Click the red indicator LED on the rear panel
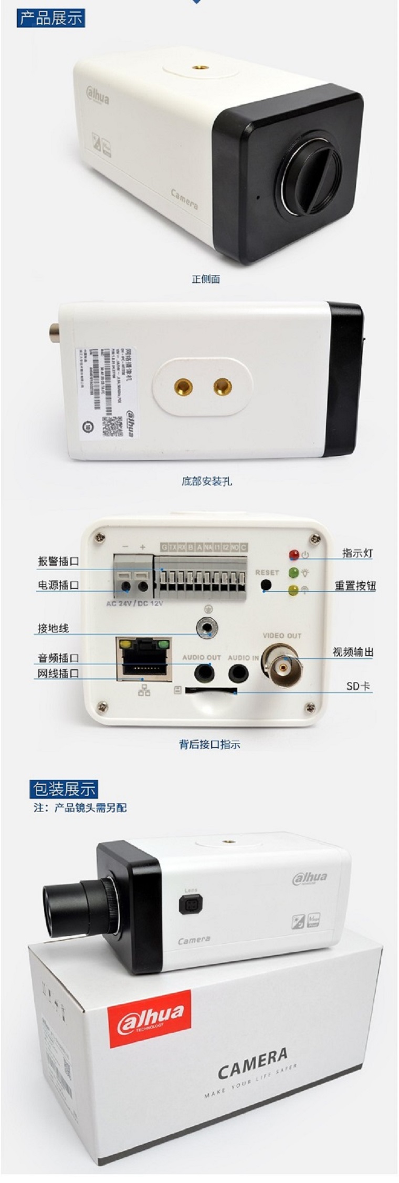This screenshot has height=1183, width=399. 293,555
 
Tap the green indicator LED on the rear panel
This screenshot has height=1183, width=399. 293,573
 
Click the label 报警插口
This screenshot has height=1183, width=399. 58,561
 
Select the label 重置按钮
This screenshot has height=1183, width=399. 355,586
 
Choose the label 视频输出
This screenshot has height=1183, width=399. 353,652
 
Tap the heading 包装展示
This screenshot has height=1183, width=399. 64,788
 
